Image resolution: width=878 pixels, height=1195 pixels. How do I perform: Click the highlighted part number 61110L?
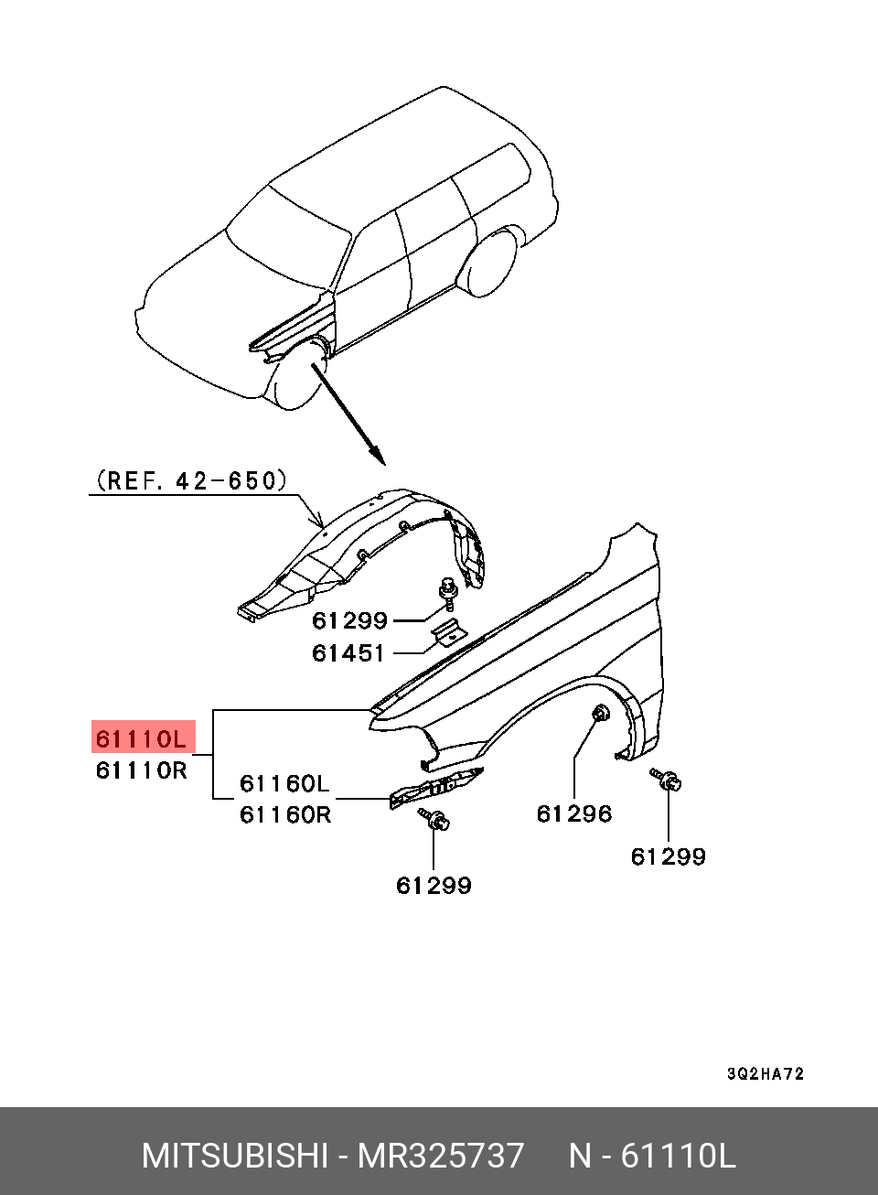pos(141,740)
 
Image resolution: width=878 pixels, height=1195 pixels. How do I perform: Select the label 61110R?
pos(142,770)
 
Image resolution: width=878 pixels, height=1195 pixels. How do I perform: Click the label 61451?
pos(348,653)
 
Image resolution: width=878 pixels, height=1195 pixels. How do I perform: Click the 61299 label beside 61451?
pos(349,621)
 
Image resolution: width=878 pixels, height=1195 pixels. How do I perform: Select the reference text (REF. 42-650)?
pos(191,480)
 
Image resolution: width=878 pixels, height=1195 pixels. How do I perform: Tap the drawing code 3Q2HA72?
pos(766,1073)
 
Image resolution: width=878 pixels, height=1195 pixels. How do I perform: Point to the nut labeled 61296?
pos(602,713)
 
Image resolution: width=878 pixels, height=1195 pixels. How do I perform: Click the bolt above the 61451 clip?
pos(446,593)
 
